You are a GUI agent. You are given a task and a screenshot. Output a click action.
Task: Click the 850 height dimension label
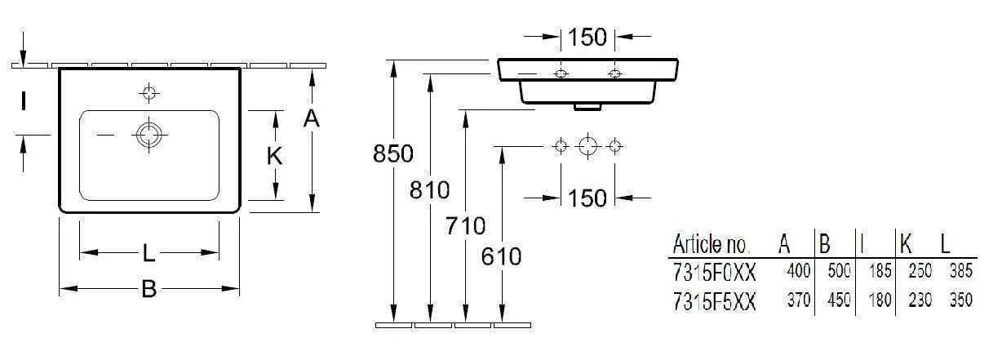[393, 153]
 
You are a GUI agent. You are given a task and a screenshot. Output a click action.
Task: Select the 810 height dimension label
[429, 190]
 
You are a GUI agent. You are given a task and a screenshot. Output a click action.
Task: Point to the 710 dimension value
[465, 225]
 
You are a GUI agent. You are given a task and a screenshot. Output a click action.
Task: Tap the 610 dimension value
[502, 256]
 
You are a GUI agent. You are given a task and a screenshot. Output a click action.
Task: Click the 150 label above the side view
[587, 38]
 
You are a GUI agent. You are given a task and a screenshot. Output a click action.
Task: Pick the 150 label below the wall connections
[587, 198]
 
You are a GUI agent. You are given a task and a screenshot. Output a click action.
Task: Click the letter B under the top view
[149, 289]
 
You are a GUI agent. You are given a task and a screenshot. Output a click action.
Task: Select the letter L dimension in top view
[149, 253]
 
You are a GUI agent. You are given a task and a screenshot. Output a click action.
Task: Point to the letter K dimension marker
[274, 156]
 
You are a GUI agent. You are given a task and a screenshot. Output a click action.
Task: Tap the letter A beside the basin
[312, 119]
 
